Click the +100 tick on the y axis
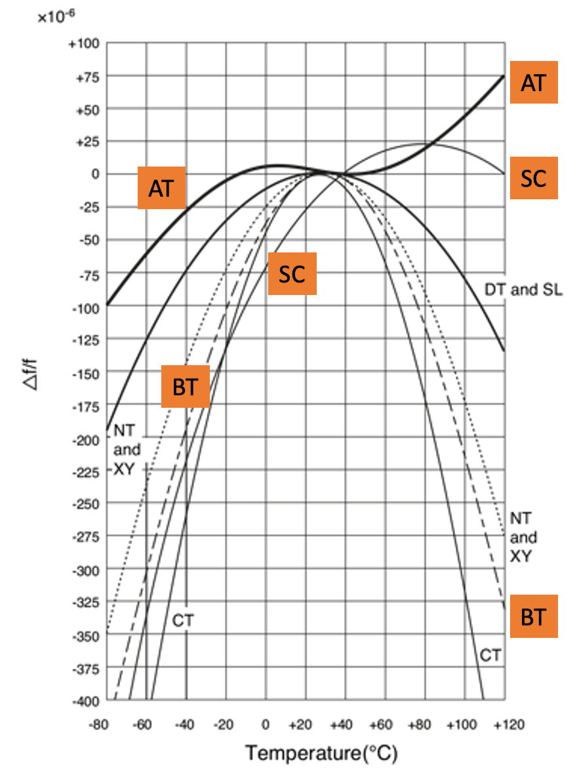(x=85, y=44)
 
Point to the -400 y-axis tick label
(x=84, y=702)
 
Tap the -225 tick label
(x=84, y=471)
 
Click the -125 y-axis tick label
(x=84, y=340)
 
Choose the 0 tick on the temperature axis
(x=266, y=726)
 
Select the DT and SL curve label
(x=522, y=289)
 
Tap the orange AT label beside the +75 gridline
(x=533, y=82)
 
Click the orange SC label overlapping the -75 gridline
(x=292, y=274)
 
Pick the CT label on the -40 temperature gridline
(x=184, y=619)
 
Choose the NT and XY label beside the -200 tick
(x=127, y=450)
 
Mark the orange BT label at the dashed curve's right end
(x=533, y=616)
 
